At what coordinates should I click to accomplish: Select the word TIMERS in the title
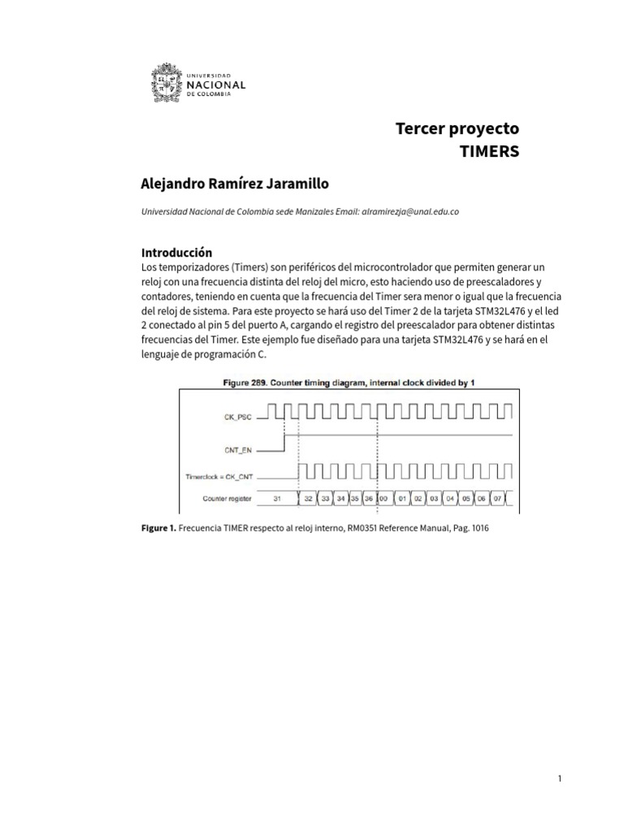point(489,152)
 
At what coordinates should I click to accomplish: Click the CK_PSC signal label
point(240,415)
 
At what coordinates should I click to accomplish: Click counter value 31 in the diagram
point(277,497)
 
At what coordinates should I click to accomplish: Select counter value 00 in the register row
point(382,497)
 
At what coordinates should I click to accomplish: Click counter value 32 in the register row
point(308,497)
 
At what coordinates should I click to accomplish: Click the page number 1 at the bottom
point(560,779)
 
